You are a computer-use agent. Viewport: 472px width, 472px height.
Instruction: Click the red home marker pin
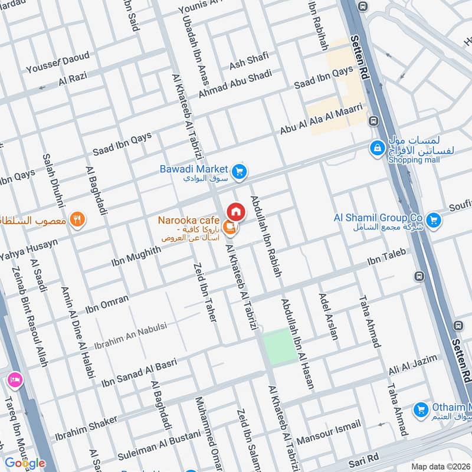[x=235, y=211]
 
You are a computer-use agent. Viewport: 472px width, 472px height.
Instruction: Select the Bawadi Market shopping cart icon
[x=238, y=172]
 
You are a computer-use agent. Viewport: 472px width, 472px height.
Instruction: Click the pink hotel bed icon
[x=14, y=379]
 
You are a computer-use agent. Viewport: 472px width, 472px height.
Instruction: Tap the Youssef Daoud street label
[x=57, y=63]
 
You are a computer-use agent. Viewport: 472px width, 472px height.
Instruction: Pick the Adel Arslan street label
[x=329, y=316]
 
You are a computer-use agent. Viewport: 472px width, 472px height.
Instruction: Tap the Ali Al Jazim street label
[x=413, y=365]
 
